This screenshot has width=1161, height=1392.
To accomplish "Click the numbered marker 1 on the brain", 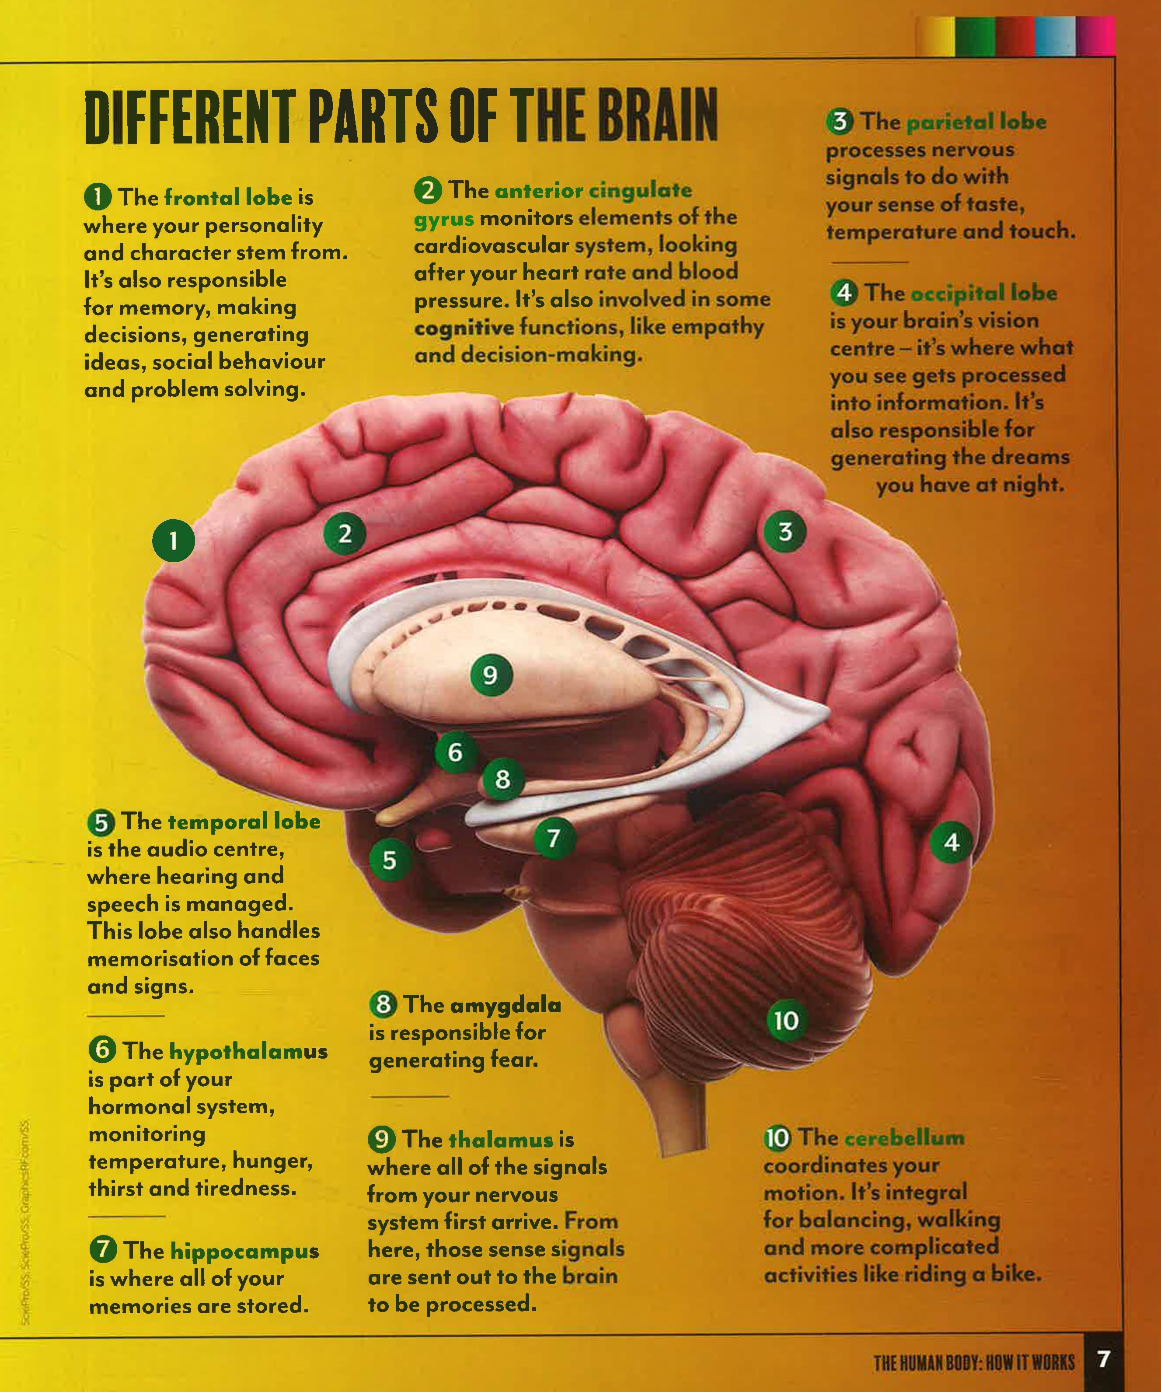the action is (174, 540).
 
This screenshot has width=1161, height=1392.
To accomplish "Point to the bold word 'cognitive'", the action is (464, 328).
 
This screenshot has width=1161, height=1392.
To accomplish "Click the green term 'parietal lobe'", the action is (976, 122).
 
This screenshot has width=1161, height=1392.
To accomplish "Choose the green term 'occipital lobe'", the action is (983, 293).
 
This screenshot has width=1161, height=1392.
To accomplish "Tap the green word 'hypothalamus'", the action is (248, 1051).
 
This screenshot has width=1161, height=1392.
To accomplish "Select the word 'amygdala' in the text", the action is (505, 1005).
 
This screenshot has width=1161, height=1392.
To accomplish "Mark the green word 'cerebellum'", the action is (905, 1137).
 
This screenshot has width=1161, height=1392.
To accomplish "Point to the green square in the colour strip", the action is (975, 36).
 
